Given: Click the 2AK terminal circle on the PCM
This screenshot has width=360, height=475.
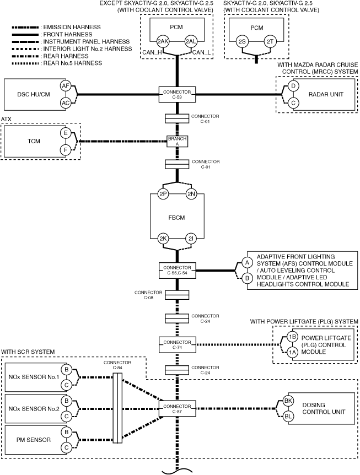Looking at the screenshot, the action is (163, 41).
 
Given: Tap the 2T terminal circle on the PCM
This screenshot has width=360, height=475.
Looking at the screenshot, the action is (270, 41).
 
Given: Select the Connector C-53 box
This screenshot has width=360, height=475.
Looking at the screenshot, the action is (178, 94).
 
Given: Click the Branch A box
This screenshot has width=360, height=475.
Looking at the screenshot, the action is (178, 141).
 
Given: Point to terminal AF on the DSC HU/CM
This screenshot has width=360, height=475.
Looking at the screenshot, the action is (66, 86).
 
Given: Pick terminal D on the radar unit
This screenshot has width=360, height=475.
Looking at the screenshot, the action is (293, 86).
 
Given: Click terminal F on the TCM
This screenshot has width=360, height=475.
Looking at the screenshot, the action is (66, 150).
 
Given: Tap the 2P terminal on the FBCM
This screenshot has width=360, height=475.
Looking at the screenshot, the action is (163, 194).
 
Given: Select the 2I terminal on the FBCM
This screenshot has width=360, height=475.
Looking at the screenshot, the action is (191, 239).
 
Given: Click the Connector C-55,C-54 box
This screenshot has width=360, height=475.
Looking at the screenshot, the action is (178, 270).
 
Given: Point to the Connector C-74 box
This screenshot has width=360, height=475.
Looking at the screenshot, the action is (178, 344).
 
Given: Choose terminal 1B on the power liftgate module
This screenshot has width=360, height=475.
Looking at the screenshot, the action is (292, 337).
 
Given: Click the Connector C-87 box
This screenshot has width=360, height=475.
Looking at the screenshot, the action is (178, 409).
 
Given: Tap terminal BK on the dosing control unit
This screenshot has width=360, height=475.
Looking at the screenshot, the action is (288, 401).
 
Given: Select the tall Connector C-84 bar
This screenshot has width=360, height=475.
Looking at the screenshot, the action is (117, 408).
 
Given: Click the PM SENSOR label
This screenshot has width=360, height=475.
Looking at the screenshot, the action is (34, 440).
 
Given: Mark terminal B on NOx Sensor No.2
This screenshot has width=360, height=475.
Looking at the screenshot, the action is (66, 401).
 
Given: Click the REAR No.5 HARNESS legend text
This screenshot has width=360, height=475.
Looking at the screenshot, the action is (73, 63).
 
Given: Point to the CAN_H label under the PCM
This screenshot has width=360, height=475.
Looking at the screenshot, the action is (152, 52).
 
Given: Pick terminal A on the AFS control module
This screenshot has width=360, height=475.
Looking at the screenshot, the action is (248, 263).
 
